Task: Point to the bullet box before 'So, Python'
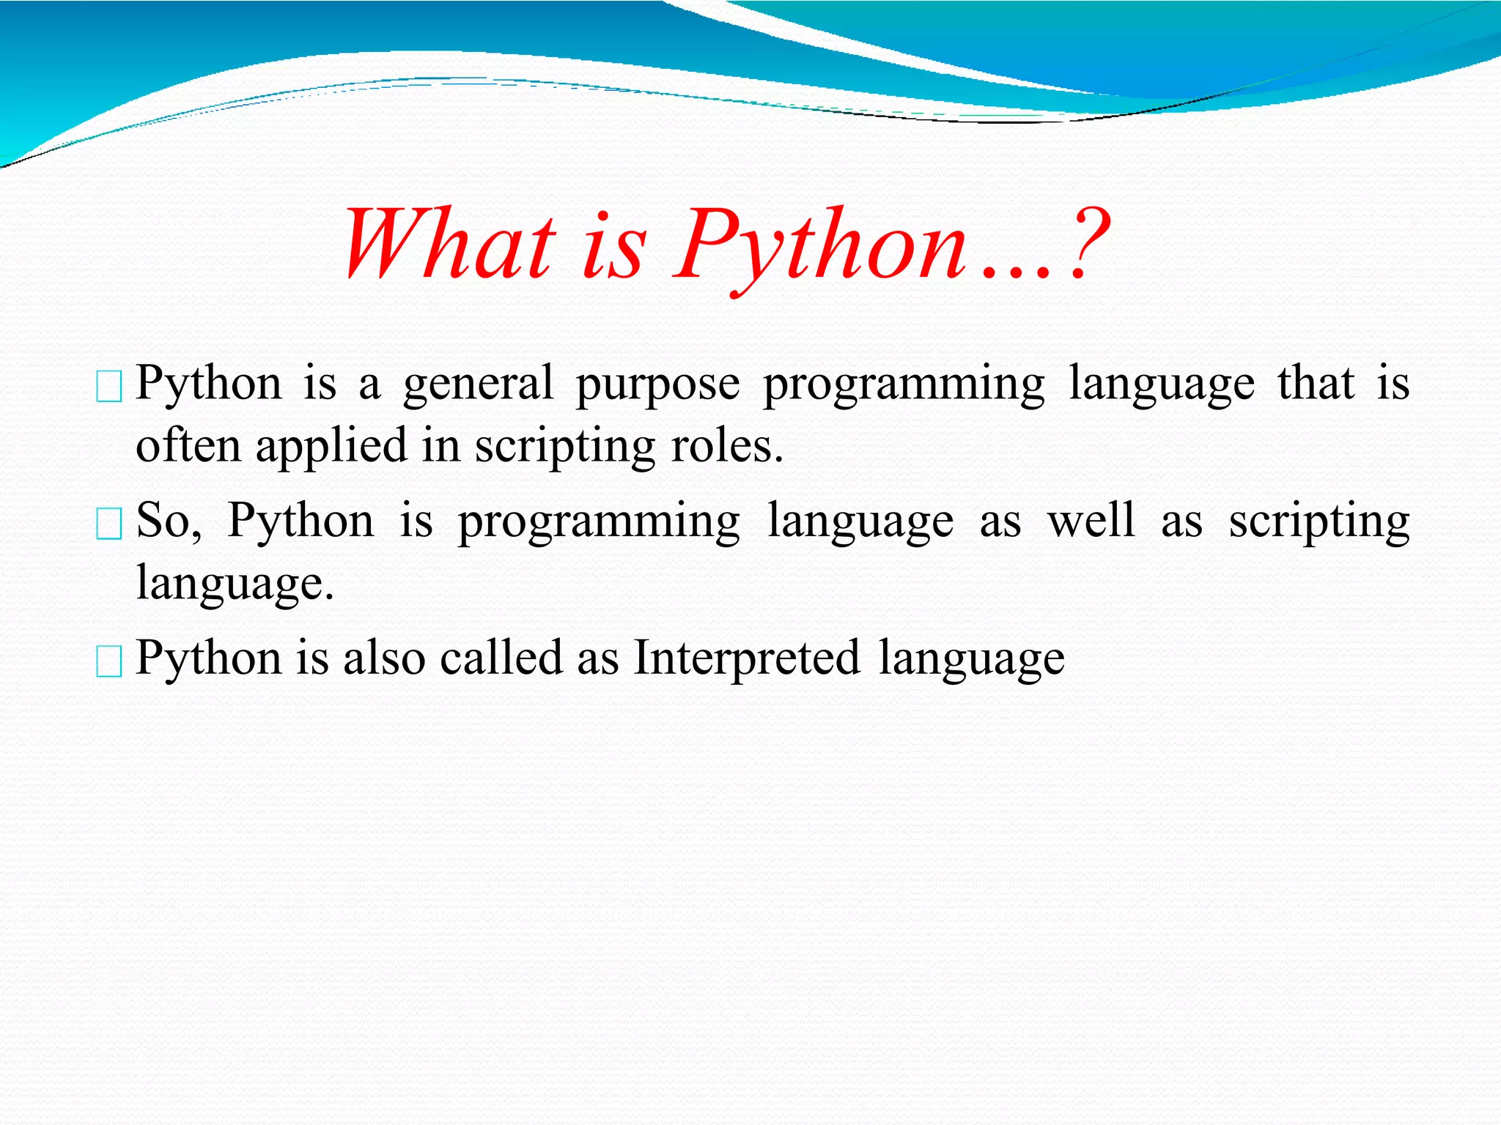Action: [x=109, y=524]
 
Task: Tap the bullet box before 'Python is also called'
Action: [x=109, y=662]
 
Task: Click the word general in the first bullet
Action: [x=478, y=385]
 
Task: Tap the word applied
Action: [x=331, y=447]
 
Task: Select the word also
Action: [x=384, y=657]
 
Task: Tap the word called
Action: [x=501, y=657]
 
